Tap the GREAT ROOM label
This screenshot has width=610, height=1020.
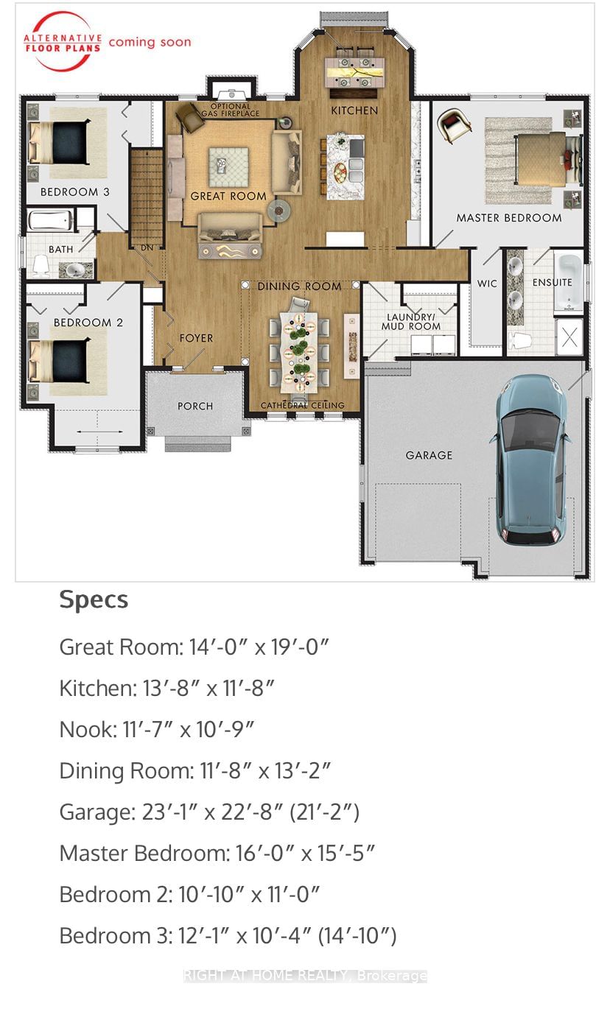pos(228,196)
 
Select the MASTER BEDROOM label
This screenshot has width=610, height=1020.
pos(508,218)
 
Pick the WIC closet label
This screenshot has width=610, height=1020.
pos(487,284)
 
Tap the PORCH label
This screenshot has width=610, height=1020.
pos(195,406)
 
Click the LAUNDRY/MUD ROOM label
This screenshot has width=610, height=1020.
pos(413,322)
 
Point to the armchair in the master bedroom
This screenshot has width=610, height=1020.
pos(454,126)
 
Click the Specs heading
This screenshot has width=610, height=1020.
pos(94,599)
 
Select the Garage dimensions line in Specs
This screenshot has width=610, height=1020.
pos(209,812)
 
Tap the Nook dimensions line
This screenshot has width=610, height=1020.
pos(157,730)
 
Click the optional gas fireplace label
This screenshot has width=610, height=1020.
pos(235,110)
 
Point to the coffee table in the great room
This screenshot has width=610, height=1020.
pos(228,166)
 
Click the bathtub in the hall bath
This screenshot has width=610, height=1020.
pos(51,220)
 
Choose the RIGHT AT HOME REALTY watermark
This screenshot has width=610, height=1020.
pos(305,976)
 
